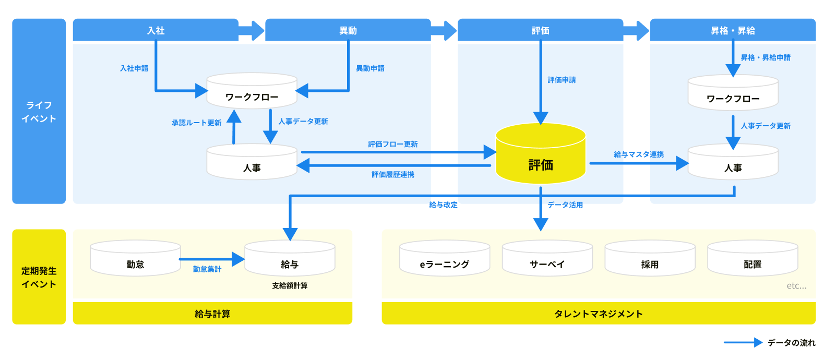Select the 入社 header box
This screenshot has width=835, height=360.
156,30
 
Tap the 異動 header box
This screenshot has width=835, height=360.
348,30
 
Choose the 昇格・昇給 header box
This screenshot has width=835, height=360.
732,30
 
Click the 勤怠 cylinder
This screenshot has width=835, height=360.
135,259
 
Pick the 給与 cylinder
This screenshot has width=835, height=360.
290,259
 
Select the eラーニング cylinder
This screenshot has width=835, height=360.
445,259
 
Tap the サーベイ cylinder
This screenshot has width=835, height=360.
547,259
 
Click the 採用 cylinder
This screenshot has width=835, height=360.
650,259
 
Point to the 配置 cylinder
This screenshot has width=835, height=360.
753,259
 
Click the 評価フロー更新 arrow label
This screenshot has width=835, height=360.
392,144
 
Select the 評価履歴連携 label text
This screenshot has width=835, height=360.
392,174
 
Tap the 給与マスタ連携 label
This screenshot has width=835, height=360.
639,154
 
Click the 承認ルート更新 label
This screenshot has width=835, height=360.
196,123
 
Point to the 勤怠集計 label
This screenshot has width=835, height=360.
207,269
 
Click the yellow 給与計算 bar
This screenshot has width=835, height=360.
212,314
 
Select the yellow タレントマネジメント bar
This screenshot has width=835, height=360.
598,314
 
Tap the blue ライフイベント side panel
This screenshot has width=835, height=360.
39,111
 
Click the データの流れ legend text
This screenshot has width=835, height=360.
791,343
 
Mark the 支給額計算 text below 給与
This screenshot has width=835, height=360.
290,285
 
